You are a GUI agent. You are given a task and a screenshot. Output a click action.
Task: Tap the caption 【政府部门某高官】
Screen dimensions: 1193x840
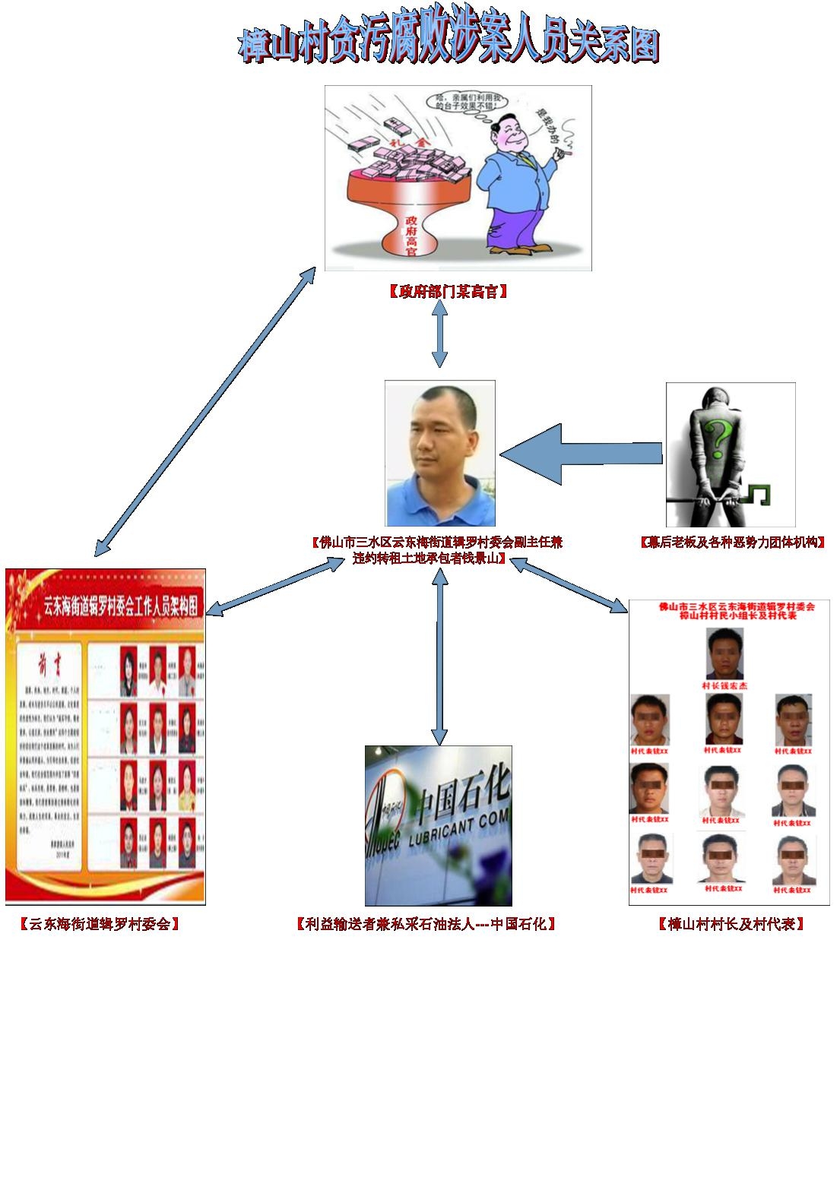pos(447,291)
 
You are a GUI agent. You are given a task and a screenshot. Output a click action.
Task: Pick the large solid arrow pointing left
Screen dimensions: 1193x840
pos(578,454)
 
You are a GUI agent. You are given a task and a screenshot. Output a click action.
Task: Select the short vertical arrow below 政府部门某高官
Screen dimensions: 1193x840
pos(439,337)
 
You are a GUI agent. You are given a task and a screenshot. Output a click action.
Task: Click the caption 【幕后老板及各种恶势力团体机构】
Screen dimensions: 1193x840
pos(733,542)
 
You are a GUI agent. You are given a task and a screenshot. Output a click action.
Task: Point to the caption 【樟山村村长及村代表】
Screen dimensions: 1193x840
pos(731,924)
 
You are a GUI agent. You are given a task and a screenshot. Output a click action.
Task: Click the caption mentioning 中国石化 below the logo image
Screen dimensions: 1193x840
pos(426,924)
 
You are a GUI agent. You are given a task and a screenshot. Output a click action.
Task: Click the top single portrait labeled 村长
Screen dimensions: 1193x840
pos(724,653)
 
